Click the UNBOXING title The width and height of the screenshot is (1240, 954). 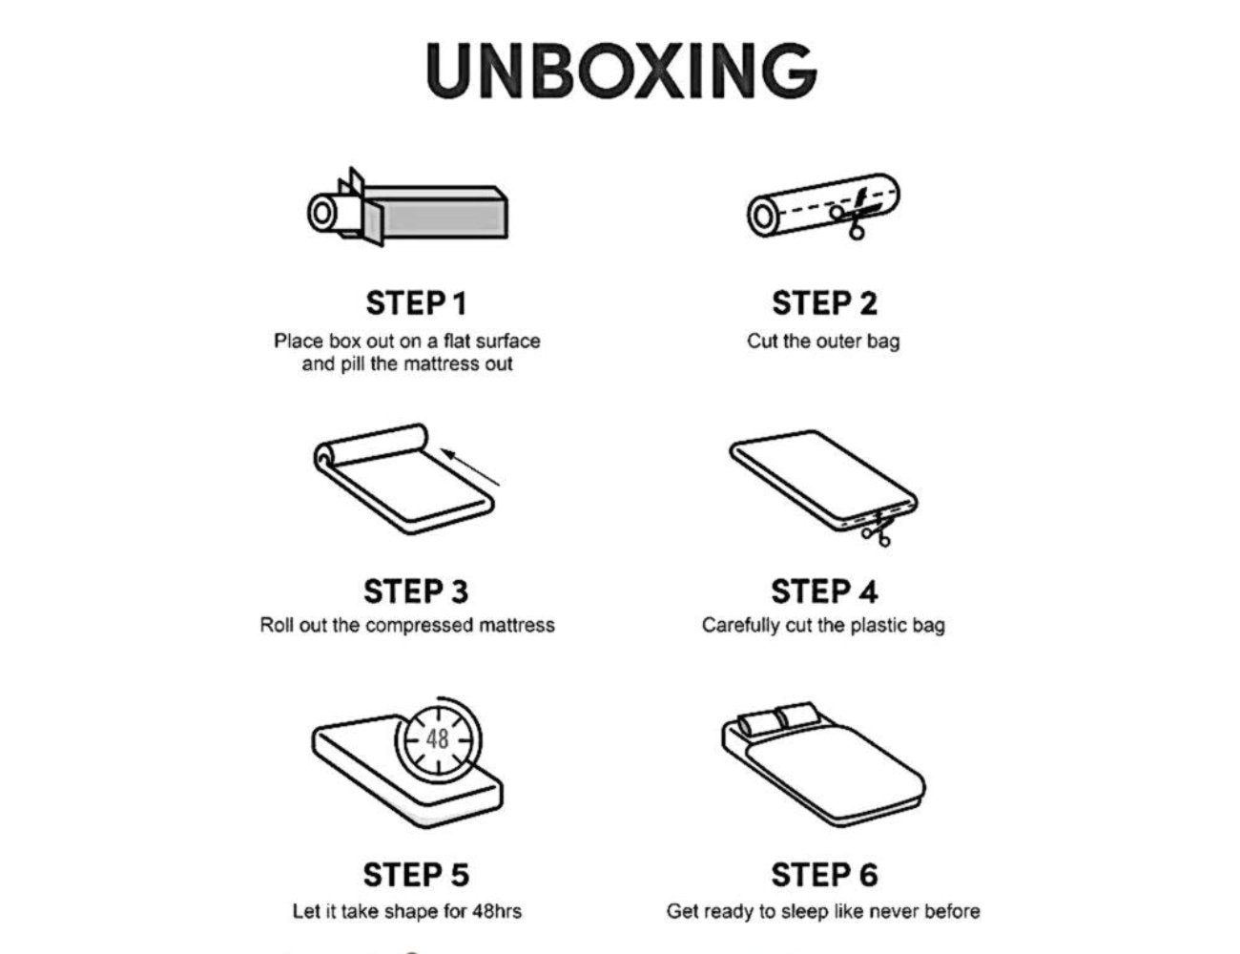tap(621, 71)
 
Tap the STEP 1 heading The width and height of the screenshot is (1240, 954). tap(416, 303)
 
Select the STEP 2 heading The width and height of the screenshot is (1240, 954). tap(824, 303)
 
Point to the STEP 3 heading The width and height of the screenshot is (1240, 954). tap(416, 591)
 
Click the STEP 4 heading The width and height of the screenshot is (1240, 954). tap(824, 591)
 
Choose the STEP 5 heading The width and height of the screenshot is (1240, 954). tap(416, 875)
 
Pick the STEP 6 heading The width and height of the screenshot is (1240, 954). tap(824, 875)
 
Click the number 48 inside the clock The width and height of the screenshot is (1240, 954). tap(438, 739)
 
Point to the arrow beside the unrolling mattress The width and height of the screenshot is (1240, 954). tap(471, 467)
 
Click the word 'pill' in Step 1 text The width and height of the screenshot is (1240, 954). tap(352, 363)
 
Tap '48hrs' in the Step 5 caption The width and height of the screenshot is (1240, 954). tap(496, 911)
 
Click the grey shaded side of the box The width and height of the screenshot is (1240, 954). tap(443, 218)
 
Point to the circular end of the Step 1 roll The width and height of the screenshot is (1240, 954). tap(321, 214)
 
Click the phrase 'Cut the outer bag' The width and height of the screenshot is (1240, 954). tap(823, 342)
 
